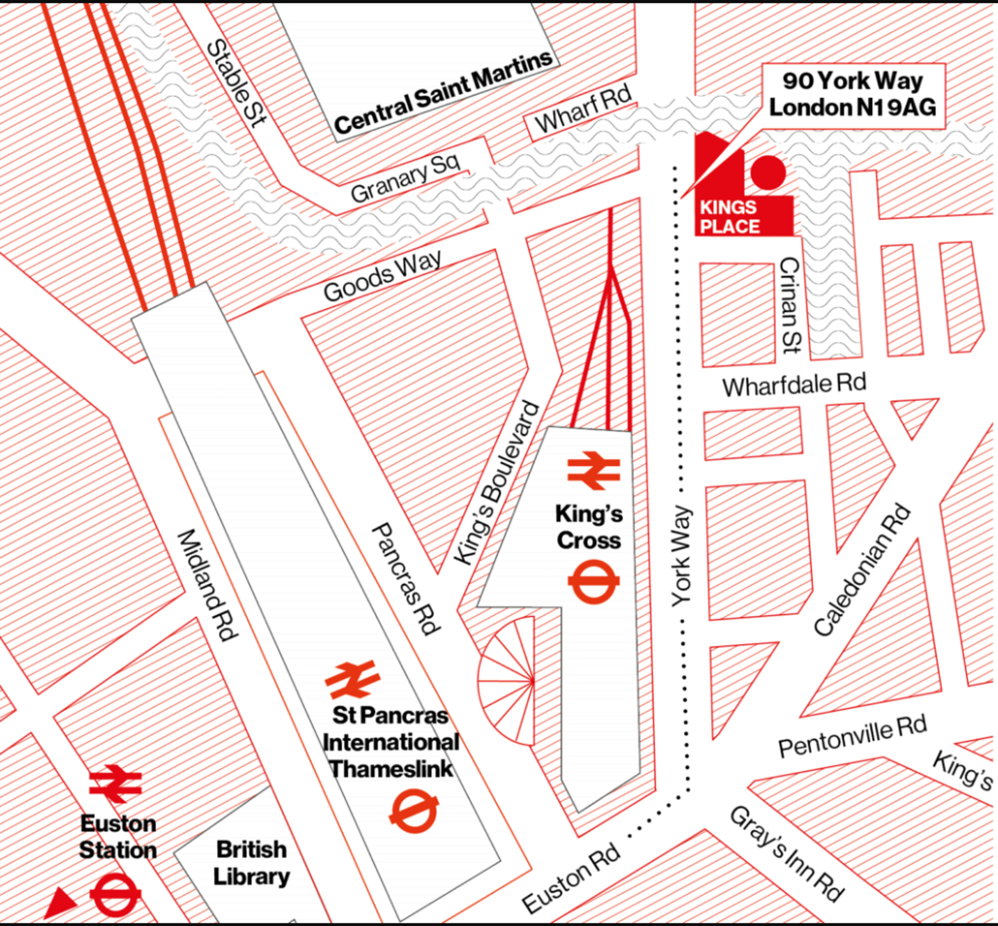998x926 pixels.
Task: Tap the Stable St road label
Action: click(237, 83)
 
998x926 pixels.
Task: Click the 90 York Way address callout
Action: click(853, 94)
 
